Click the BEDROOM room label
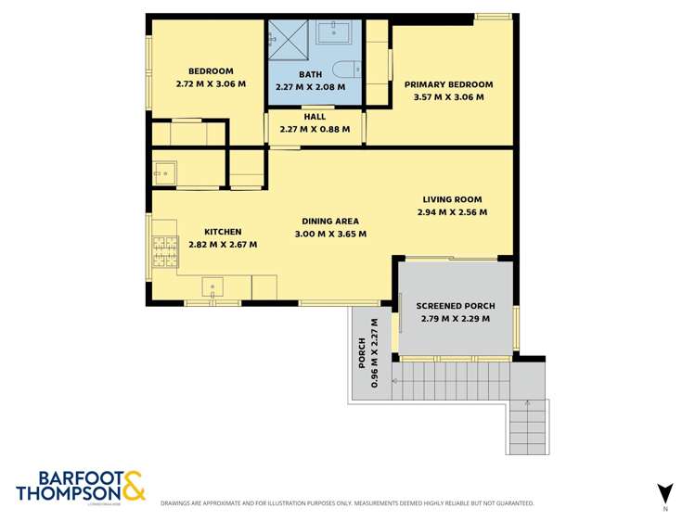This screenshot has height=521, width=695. [211, 71]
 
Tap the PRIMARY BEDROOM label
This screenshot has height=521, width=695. [448, 84]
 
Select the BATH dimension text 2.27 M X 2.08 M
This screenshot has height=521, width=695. [310, 86]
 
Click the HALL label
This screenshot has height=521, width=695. [315, 117]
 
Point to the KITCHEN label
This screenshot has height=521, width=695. [223, 232]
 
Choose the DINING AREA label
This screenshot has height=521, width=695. [329, 222]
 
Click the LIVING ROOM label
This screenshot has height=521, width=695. [452, 199]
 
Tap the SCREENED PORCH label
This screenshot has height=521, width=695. [455, 306]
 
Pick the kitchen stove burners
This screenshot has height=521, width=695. [165, 249]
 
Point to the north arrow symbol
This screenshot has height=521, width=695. [663, 492]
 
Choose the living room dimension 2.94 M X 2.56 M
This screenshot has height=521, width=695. [452, 212]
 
